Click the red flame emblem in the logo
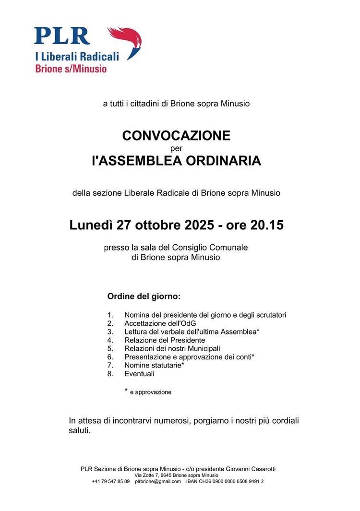(x=126, y=41)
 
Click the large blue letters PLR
(x=62, y=36)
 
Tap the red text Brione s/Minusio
(x=71, y=69)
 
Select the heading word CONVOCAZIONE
(x=176, y=136)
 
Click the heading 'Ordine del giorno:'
(x=144, y=297)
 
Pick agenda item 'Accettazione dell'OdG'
(x=160, y=323)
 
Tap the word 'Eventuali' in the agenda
(x=139, y=374)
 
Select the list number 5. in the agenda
(x=110, y=348)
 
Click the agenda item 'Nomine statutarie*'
(x=154, y=365)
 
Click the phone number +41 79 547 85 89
(x=110, y=481)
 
